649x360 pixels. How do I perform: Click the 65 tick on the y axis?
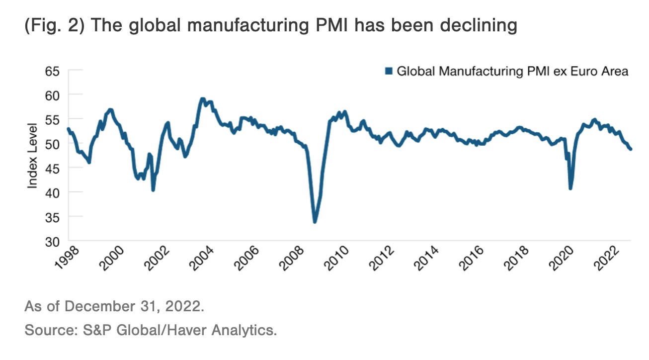(53, 71)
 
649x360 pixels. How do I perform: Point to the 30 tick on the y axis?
(53, 241)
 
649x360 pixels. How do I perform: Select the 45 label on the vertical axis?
(53, 168)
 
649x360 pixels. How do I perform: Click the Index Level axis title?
(33, 155)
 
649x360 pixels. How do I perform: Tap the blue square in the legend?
(389, 71)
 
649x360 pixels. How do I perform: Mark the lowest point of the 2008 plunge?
(315, 221)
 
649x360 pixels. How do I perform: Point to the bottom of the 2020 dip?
(570, 188)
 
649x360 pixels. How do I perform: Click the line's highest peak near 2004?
(202, 99)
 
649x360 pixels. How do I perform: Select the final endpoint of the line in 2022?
(631, 149)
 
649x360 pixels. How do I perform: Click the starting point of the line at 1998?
(68, 129)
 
